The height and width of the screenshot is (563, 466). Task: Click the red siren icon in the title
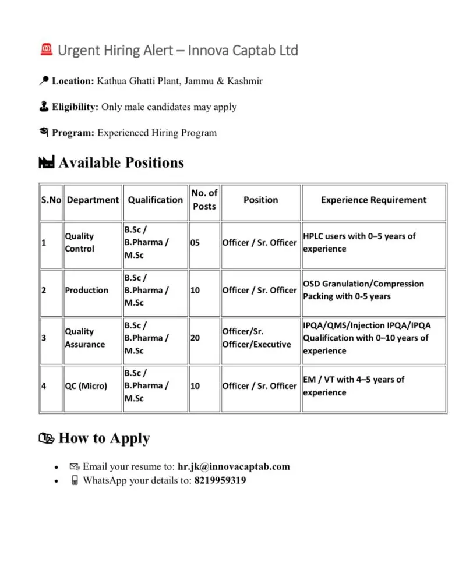(47, 50)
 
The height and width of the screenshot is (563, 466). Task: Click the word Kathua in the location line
(111, 81)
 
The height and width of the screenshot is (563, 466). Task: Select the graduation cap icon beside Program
(43, 132)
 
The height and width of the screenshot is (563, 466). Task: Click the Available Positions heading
(121, 162)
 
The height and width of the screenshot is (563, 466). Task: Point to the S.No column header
(51, 200)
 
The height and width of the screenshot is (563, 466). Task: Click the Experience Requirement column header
(373, 200)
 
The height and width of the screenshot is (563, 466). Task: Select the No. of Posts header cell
(204, 200)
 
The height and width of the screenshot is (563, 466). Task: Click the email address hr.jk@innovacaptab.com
(234, 466)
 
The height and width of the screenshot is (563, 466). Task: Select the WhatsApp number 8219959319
(220, 481)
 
